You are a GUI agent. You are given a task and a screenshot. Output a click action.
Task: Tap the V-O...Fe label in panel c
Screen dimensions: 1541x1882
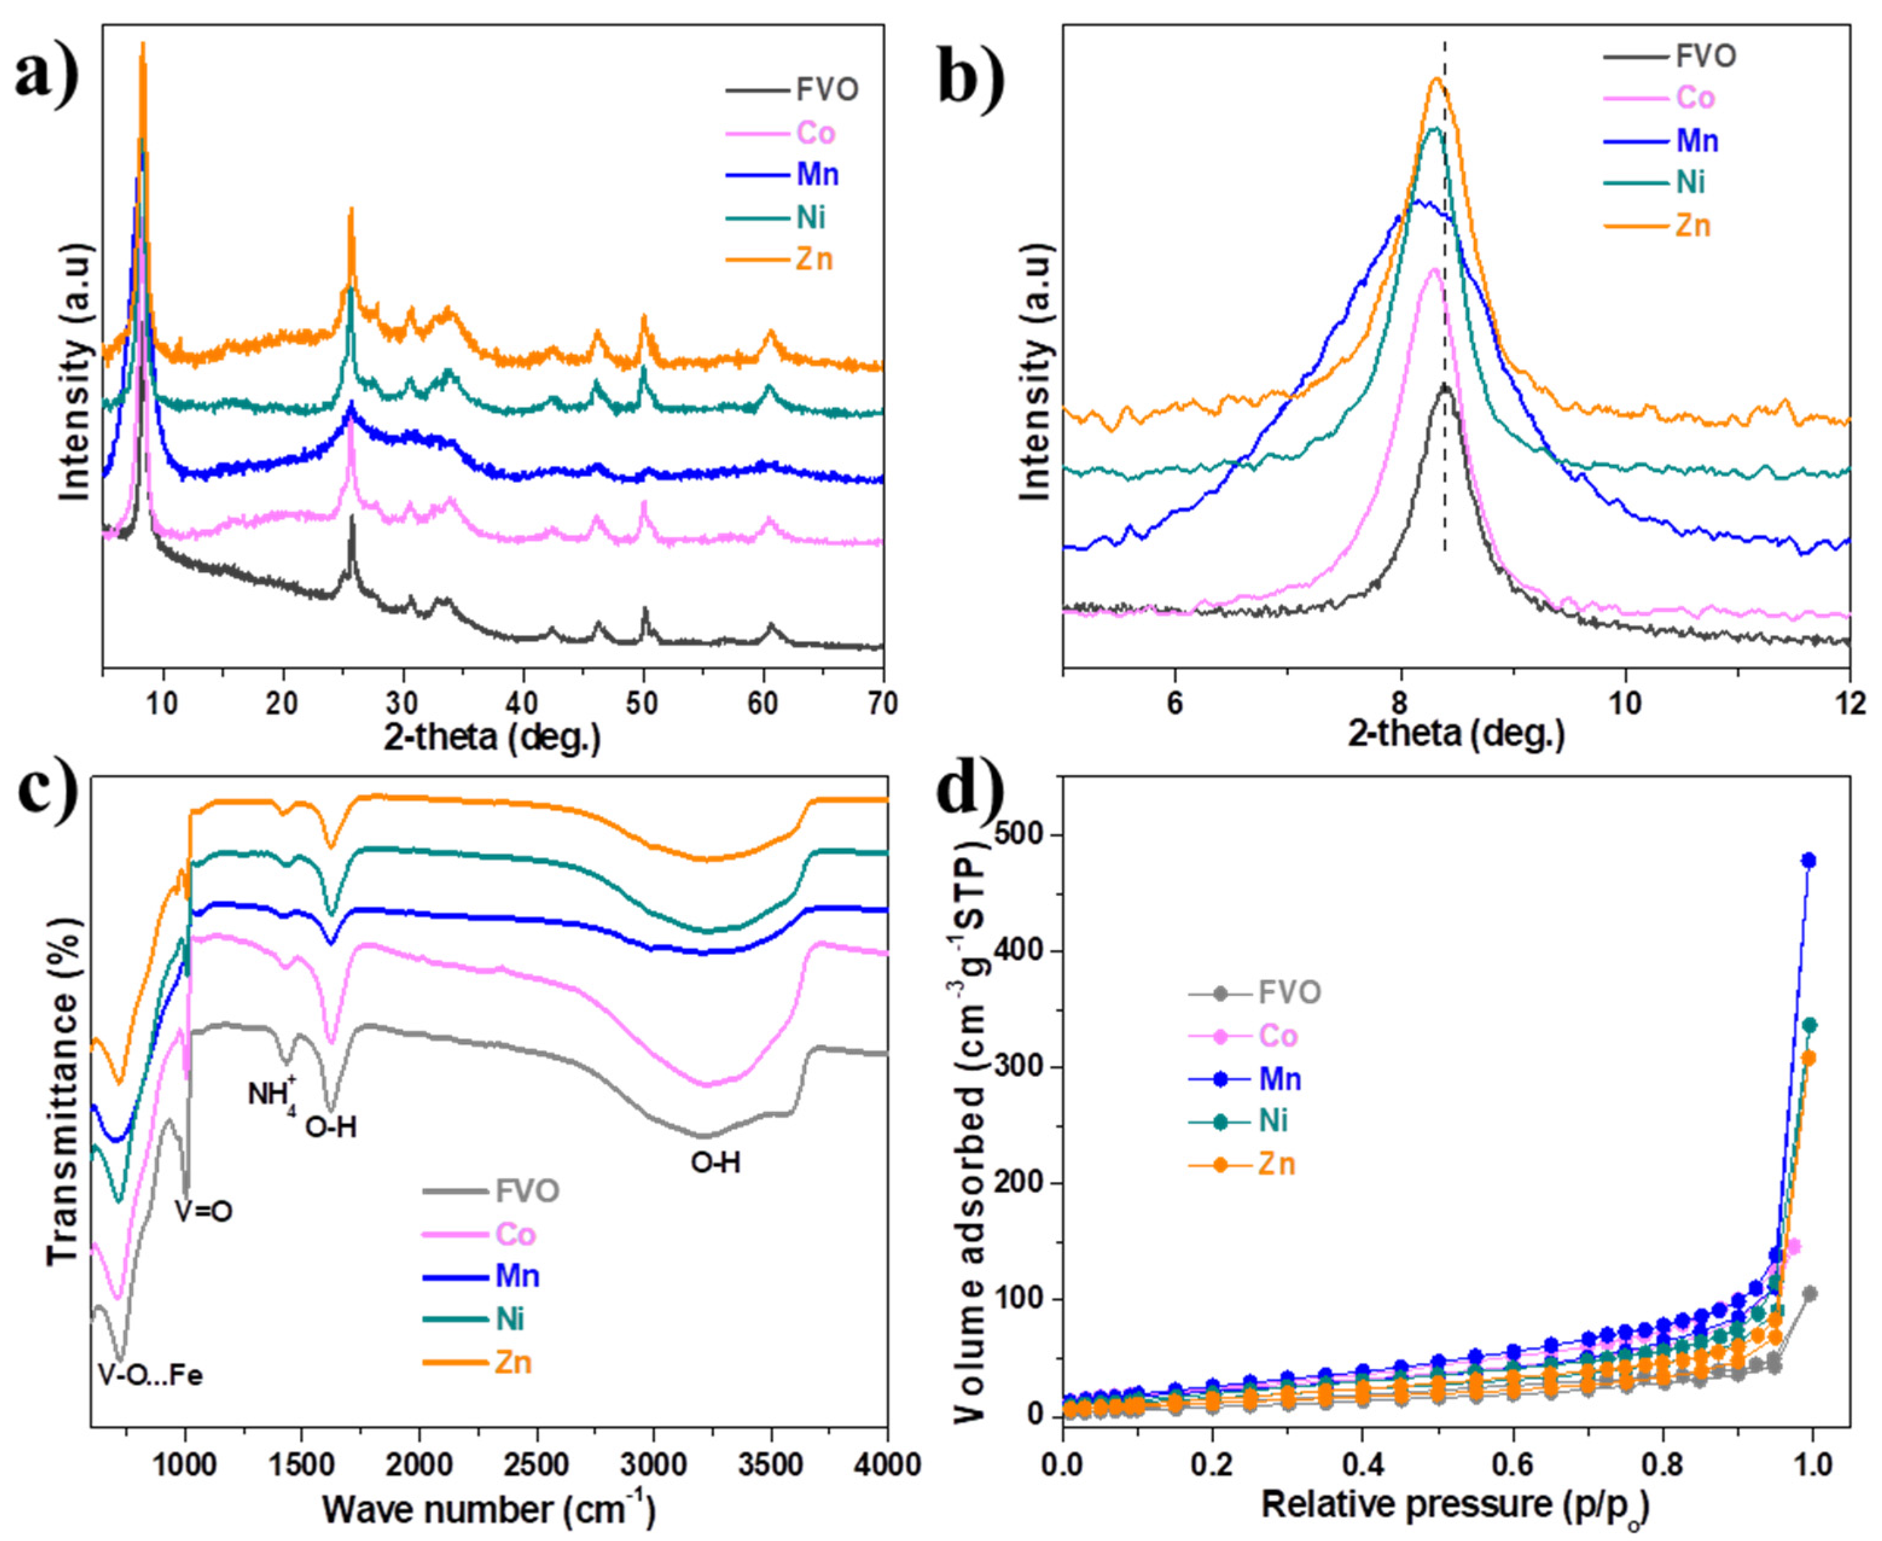click(151, 1376)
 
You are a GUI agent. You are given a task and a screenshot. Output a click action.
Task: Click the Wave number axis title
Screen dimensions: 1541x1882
click(488, 1508)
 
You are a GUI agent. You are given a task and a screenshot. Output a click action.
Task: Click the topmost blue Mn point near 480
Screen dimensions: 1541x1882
click(1807, 860)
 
